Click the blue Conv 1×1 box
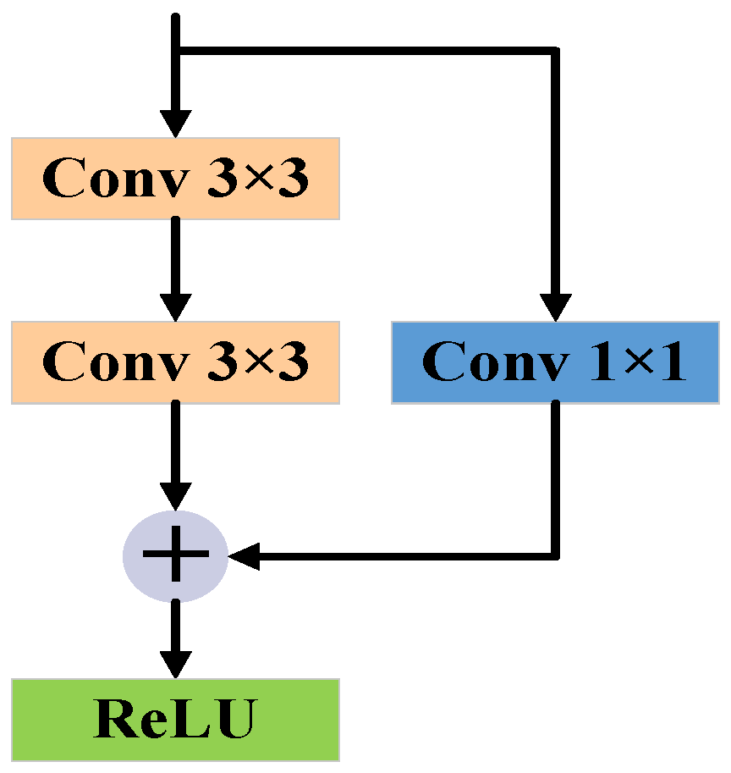point(554,362)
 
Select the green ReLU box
point(175,719)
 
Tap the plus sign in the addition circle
point(175,556)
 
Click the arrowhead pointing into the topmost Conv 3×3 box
point(175,123)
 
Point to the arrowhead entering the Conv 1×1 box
point(556,306)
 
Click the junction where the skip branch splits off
point(175,52)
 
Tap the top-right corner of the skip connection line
point(556,52)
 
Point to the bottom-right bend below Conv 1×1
point(556,556)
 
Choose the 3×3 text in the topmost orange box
point(259,179)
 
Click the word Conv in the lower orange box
point(116,362)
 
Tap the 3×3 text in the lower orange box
point(259,362)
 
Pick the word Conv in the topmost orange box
point(116,179)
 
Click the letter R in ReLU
point(113,719)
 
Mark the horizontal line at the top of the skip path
point(364,52)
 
